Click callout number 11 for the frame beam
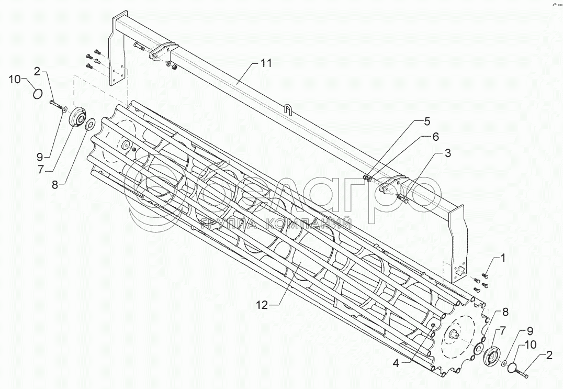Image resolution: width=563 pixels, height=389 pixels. tap(266, 63)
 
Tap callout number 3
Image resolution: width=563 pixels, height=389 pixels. tap(448, 153)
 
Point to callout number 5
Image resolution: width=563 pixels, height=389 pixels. tap(427, 121)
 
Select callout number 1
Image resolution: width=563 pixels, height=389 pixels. tap(503, 258)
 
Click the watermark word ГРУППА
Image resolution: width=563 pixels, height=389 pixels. tap(223, 225)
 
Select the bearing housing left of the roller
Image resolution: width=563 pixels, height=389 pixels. tap(77, 116)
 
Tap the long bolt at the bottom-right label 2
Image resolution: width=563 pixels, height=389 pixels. tap(521, 373)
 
